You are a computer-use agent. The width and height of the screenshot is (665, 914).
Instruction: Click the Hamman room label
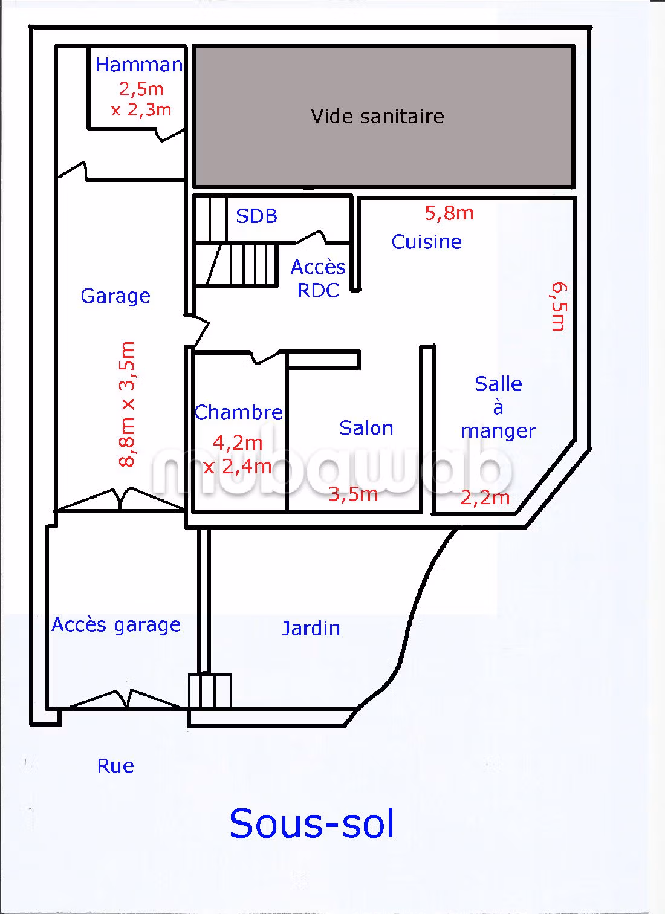[x=139, y=65]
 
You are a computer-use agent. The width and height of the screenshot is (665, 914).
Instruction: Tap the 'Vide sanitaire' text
[x=377, y=116]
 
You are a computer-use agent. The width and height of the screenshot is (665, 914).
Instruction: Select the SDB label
[x=256, y=216]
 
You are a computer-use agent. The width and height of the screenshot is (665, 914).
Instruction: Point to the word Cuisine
[x=427, y=242]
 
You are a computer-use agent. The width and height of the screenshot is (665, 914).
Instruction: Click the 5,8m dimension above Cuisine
[x=449, y=213]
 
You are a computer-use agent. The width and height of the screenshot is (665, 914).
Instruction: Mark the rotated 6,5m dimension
[x=559, y=306]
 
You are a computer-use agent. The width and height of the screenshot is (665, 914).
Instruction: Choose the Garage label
[x=115, y=296]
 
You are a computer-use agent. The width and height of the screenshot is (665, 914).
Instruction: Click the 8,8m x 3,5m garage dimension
[x=127, y=404]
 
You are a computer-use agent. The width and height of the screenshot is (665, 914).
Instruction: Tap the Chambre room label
[x=239, y=412]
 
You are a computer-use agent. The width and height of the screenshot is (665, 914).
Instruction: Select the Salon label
[x=366, y=428]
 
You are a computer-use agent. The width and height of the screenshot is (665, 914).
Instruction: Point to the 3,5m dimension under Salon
[x=353, y=494]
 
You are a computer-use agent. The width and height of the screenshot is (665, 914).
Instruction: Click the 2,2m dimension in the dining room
[x=485, y=498]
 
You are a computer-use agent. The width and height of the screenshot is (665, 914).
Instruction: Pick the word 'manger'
[x=498, y=431]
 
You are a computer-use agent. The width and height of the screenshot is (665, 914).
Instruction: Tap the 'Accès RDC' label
[x=318, y=279]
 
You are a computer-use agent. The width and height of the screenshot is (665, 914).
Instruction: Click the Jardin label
[x=311, y=628]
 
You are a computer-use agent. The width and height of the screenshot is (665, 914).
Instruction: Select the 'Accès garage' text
[x=116, y=624]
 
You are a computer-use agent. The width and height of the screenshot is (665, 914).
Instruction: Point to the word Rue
[x=115, y=766]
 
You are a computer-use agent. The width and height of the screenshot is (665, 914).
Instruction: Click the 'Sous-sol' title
[x=312, y=823]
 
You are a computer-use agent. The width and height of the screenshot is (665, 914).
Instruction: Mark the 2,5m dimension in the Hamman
[x=141, y=89]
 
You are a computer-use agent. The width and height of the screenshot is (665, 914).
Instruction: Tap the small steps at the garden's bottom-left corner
[x=210, y=690]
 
